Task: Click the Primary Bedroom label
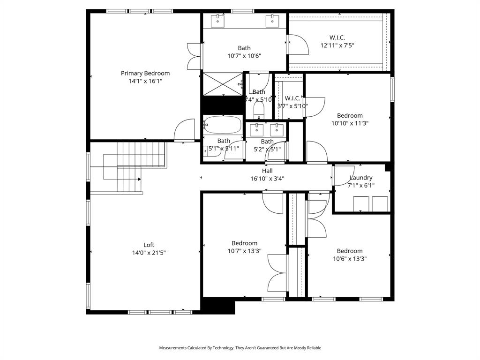[145, 73]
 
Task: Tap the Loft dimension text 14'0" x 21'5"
[149, 253]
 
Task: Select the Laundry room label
[361, 178]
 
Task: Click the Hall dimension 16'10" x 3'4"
[267, 179]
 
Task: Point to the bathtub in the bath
[223, 125]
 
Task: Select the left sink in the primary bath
[218, 20]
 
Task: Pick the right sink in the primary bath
[272, 20]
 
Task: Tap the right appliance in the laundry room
[380, 204]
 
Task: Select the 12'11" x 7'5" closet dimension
[337, 46]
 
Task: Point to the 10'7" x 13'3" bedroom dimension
[244, 251]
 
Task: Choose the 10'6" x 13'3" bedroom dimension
[350, 259]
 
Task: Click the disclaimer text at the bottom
[240, 348]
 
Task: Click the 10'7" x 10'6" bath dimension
[244, 56]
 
